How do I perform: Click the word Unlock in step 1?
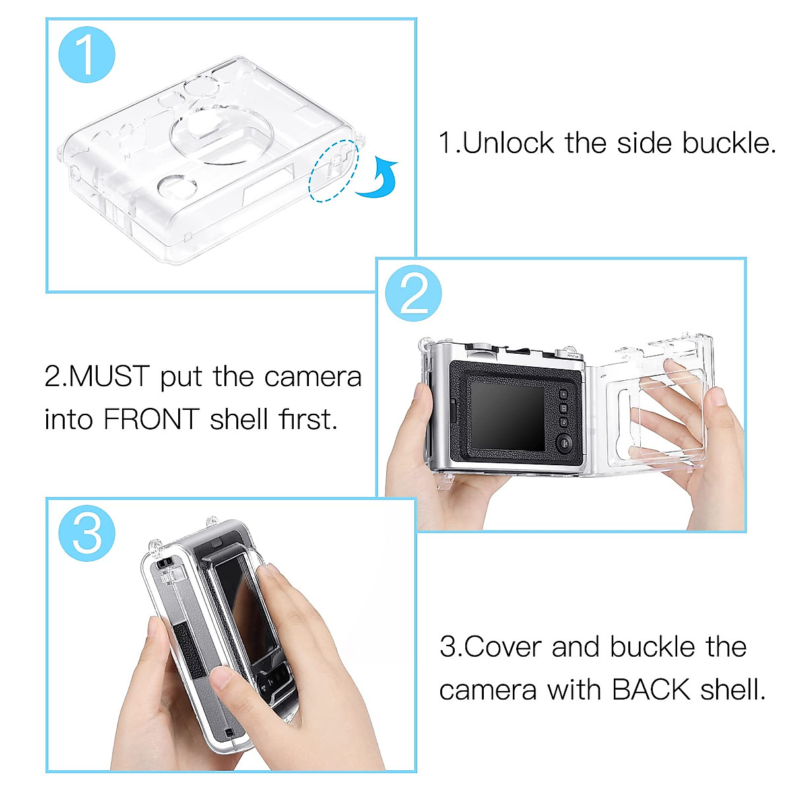(x=508, y=143)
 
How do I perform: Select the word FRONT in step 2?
(x=151, y=420)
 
